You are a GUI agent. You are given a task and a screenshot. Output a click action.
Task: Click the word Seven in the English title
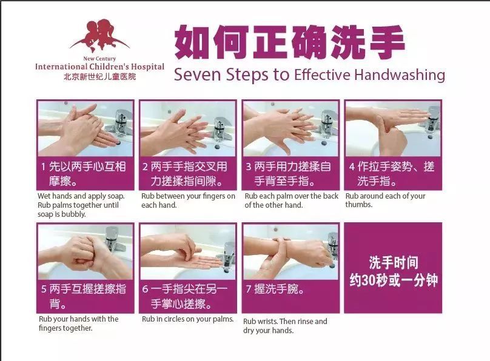[198, 75]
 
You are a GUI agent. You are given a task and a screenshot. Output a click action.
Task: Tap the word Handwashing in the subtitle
[400, 76]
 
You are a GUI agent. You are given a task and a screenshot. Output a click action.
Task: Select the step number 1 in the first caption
[43, 167]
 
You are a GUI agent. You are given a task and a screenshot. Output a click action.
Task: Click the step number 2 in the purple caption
[146, 167]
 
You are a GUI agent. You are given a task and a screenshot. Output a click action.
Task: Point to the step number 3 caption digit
[249, 167]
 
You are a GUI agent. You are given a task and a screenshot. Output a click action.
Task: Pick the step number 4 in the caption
[352, 167]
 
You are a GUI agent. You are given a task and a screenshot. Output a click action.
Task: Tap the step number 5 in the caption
[44, 289]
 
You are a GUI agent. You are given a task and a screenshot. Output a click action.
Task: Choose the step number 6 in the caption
[146, 289]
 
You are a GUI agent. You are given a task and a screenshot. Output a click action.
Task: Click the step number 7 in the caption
[249, 289]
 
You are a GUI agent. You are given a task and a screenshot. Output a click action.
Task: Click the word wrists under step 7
[267, 322]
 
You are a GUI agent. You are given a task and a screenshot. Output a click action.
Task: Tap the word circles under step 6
[176, 319]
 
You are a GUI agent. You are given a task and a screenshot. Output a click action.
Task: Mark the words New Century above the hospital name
[99, 59]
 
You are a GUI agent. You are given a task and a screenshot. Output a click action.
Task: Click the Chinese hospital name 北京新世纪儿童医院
[99, 77]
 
